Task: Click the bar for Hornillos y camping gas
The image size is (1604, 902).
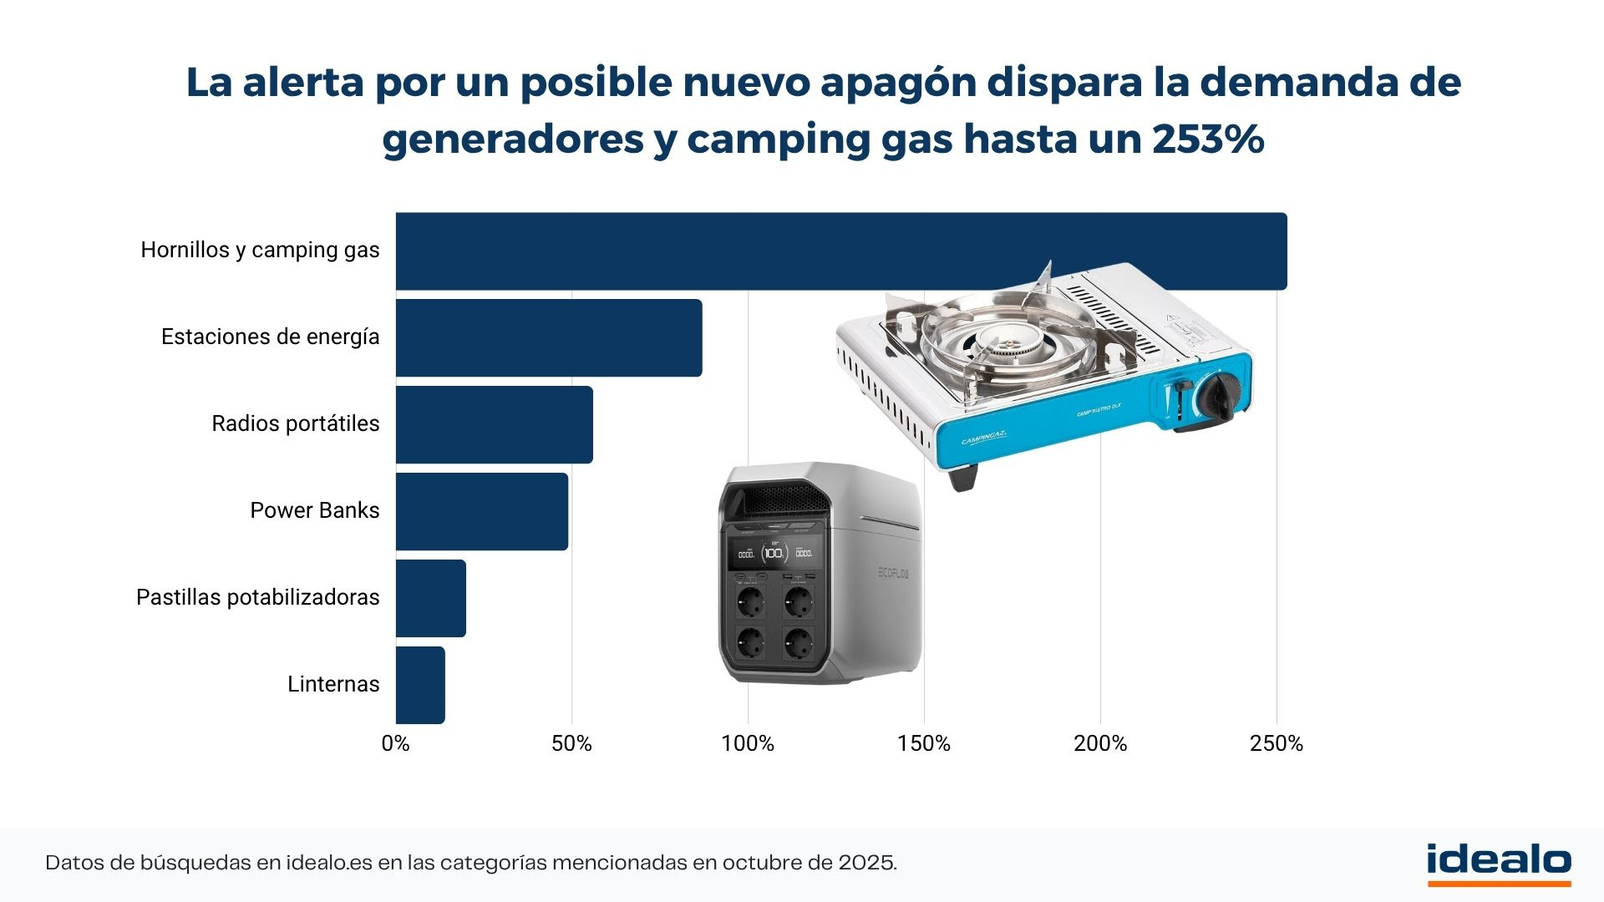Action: click(840, 251)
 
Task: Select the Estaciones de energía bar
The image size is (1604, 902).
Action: click(549, 337)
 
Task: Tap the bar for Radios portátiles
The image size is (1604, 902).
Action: click(494, 424)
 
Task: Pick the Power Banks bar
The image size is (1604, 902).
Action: click(482, 511)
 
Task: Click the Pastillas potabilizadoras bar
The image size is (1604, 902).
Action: click(430, 598)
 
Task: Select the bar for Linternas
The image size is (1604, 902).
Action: click(420, 685)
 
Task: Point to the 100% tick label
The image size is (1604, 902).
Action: click(748, 743)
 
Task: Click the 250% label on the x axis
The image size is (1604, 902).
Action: click(1276, 743)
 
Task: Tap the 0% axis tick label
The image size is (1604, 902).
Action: click(395, 743)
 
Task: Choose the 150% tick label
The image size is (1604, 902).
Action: click(924, 743)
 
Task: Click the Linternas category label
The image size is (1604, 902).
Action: click(333, 684)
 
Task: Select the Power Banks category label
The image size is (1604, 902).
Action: click(315, 510)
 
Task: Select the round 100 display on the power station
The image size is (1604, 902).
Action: click(774, 552)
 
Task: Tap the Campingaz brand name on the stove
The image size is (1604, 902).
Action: click(984, 438)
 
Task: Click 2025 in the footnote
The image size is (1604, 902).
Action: click(865, 863)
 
